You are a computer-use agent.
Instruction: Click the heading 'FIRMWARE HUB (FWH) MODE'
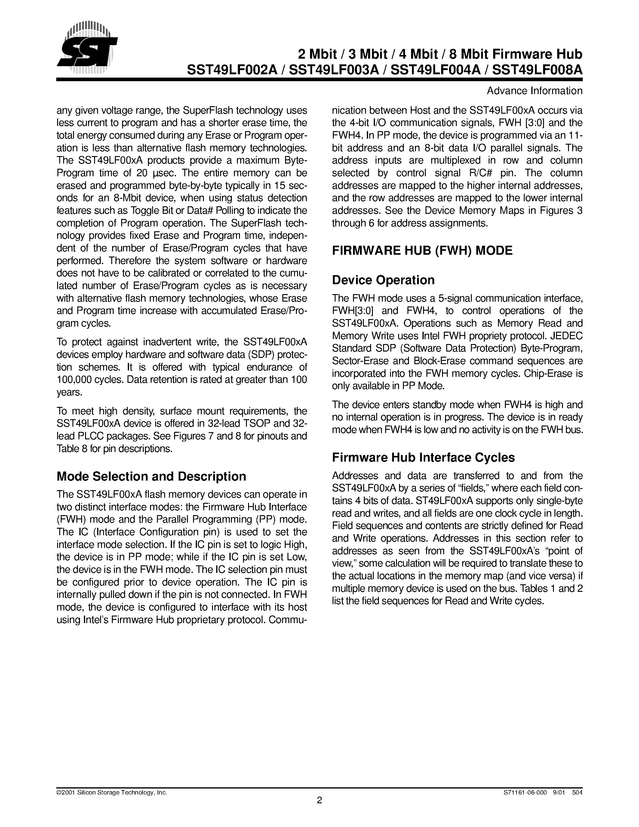(x=422, y=251)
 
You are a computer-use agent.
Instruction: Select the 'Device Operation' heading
(x=383, y=280)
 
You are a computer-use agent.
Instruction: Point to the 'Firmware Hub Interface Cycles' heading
(x=423, y=457)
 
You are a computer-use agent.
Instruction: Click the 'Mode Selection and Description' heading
(x=151, y=476)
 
